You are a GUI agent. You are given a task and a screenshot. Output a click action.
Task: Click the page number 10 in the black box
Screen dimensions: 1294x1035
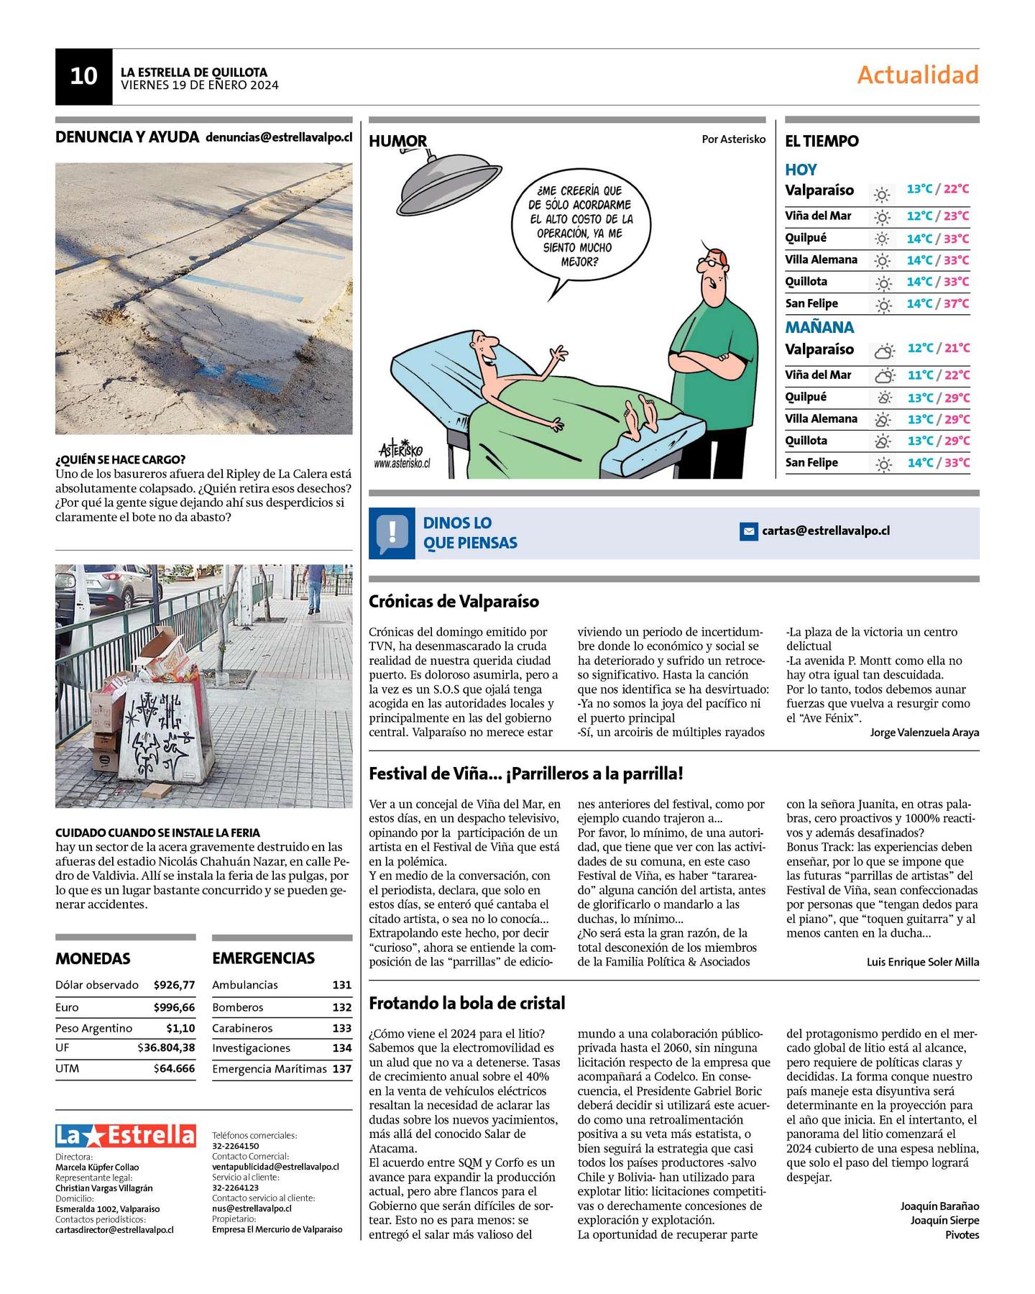click(83, 76)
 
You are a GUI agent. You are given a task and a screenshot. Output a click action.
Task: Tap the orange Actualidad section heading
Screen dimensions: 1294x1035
click(917, 75)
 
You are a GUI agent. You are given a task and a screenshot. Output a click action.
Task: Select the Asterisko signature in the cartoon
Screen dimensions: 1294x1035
click(402, 451)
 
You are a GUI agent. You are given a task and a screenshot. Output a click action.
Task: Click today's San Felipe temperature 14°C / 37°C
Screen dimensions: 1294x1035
click(937, 303)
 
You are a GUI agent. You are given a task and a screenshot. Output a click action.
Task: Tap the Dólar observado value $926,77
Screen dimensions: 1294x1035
click(174, 985)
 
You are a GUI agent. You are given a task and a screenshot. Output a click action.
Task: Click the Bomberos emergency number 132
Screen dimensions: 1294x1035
click(341, 1008)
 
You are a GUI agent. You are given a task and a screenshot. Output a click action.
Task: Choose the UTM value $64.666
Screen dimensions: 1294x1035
click(174, 1069)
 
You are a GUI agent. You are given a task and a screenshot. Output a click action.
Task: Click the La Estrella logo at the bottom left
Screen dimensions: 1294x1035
click(126, 1135)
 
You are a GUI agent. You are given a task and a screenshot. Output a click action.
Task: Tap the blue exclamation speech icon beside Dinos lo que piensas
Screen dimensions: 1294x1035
click(392, 533)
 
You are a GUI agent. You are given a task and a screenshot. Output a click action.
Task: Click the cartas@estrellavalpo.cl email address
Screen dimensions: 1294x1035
click(825, 531)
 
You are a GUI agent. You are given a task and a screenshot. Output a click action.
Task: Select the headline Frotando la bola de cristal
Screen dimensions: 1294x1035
click(466, 1003)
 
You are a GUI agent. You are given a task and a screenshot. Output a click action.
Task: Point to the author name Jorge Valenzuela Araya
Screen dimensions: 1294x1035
click(924, 733)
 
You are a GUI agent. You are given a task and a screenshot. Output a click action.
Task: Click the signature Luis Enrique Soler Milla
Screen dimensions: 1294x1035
click(922, 962)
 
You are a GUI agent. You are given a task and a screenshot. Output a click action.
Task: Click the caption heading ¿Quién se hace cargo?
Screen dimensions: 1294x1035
click(120, 459)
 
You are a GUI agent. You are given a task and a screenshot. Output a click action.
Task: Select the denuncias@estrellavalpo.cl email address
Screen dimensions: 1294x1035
click(279, 137)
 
